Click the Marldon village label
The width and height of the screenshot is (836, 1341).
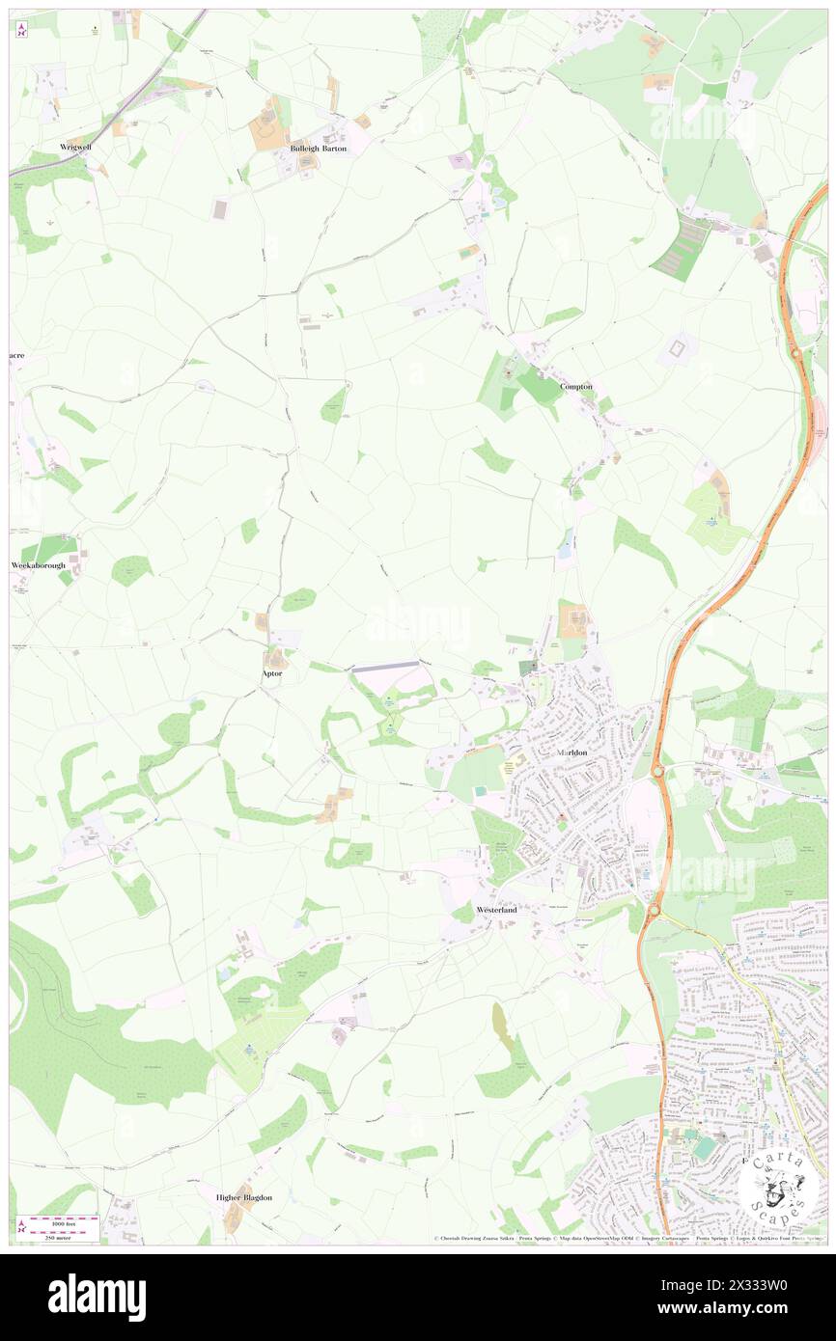[x=571, y=752]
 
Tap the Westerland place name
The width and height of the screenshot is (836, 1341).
[x=496, y=910]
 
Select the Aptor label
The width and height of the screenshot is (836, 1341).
[x=272, y=672]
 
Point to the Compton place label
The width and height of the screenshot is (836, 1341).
[x=576, y=386]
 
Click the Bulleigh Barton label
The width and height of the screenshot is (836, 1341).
[x=319, y=150]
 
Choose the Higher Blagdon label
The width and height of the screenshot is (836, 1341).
[x=243, y=1197]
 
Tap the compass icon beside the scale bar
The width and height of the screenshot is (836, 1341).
[x=21, y=1226]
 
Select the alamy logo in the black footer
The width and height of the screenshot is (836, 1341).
[x=97, y=1297]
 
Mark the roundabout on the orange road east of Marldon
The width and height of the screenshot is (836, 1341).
[x=656, y=770]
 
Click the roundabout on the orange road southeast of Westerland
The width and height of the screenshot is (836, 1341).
[x=654, y=910]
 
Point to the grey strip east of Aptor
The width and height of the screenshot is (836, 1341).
[x=385, y=665]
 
